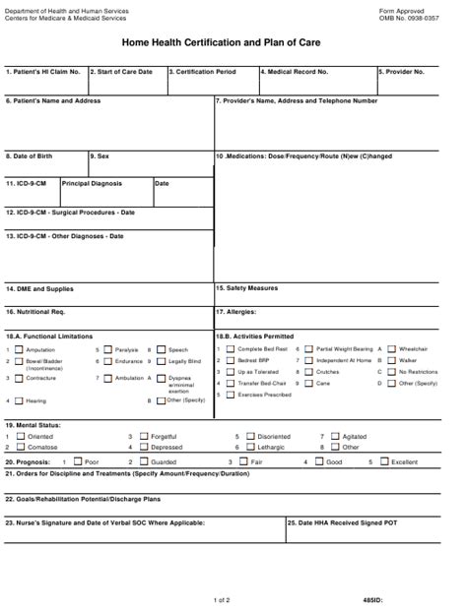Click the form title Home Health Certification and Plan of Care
pos(233,44)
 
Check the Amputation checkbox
pos(19,349)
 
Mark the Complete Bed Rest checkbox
pos(231,349)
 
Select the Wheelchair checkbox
pos(391,349)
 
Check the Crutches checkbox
pos(308,373)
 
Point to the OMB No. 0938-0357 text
pos(409,18)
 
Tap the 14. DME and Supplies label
pos(39,289)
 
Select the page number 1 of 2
pos(222,599)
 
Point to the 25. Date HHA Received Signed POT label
pos(343,522)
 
